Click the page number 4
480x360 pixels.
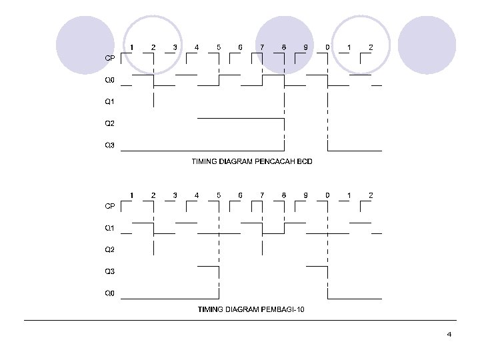tap(449, 334)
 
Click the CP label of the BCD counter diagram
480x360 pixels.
tap(110, 58)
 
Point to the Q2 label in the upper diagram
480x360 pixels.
tap(110, 123)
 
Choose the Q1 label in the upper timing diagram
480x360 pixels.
tap(110, 102)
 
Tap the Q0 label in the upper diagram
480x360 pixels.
tap(110, 81)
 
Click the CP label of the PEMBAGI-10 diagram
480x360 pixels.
tap(110, 206)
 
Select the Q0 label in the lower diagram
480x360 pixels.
tap(110, 293)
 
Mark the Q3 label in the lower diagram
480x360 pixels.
tap(110, 271)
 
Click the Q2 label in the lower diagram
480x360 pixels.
tap(110, 250)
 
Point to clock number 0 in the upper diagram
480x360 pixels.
tap(327, 47)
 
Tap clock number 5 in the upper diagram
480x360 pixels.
tap(219, 47)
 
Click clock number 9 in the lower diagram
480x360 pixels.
tap(305, 195)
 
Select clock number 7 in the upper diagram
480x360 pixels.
tap(262, 47)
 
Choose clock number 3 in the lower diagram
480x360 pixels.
tap(175, 195)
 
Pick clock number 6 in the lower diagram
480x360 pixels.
tap(240, 195)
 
